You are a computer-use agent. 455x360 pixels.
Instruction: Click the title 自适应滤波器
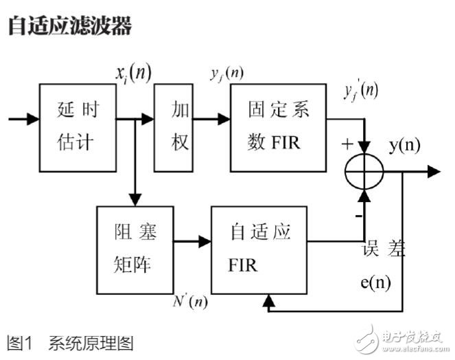point(69,25)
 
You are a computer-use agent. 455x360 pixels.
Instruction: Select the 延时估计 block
point(76,127)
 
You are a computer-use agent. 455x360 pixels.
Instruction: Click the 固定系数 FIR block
point(278,127)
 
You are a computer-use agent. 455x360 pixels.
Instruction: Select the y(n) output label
point(405,145)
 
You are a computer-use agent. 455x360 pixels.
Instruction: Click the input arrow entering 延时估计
point(24,119)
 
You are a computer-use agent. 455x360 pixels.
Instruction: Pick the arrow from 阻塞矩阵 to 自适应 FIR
point(191,241)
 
